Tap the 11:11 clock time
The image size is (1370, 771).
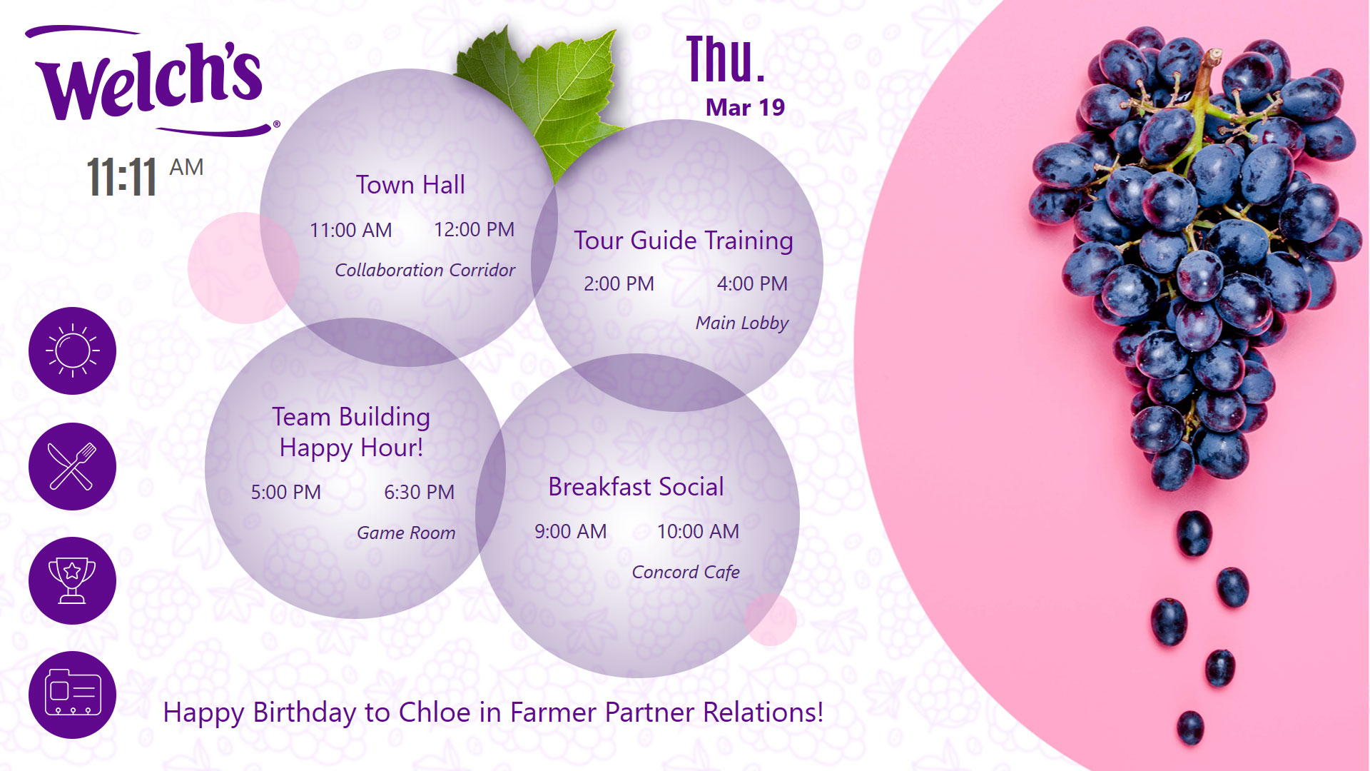pyautogui.click(x=121, y=177)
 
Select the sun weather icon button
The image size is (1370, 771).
pyautogui.click(x=72, y=351)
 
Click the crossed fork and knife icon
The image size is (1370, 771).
pyautogui.click(x=72, y=466)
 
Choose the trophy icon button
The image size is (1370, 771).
pyautogui.click(x=72, y=580)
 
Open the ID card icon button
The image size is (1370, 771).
pyautogui.click(x=72, y=695)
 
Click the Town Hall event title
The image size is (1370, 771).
pyautogui.click(x=410, y=185)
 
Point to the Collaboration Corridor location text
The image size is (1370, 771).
pyautogui.click(x=425, y=270)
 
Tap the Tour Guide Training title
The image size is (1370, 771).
pyautogui.click(x=684, y=241)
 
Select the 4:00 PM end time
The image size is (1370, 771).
pyautogui.click(x=752, y=283)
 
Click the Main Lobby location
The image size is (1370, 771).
pyautogui.click(x=742, y=323)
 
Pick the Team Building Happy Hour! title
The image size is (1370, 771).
pyautogui.click(x=351, y=432)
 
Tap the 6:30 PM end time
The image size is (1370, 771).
pyautogui.click(x=419, y=492)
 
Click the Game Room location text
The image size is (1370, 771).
pyautogui.click(x=406, y=533)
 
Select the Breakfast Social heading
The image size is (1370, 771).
pyautogui.click(x=636, y=487)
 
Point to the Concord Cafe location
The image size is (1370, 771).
pyautogui.click(x=686, y=572)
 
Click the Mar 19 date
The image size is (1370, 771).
pyautogui.click(x=745, y=107)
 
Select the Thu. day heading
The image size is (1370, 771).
pyautogui.click(x=726, y=59)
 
